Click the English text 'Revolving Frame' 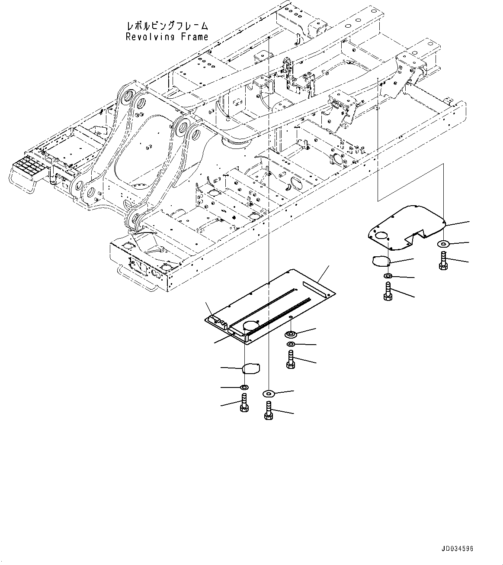(x=167, y=37)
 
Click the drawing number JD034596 (x=458, y=549)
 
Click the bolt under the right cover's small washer (x=388, y=291)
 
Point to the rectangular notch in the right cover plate (x=414, y=236)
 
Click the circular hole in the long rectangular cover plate (x=251, y=326)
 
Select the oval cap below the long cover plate (x=251, y=369)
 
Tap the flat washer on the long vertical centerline (x=268, y=393)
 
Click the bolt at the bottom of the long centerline (x=268, y=410)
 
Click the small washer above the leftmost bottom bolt (x=244, y=387)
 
